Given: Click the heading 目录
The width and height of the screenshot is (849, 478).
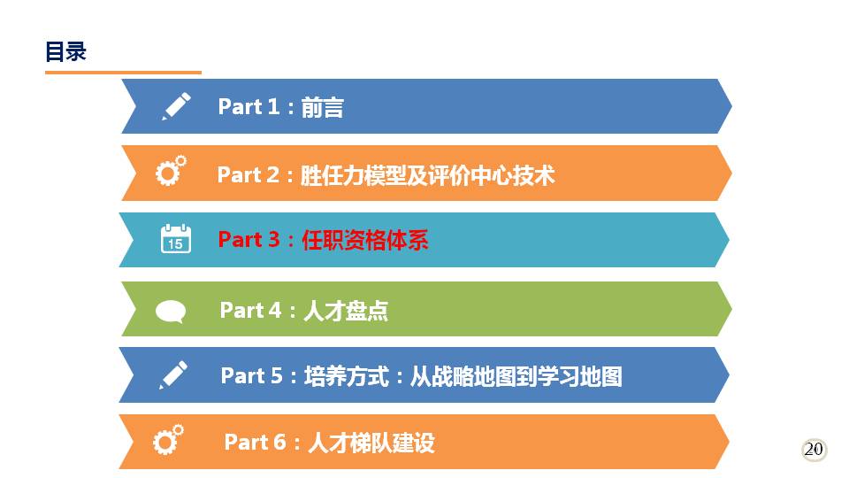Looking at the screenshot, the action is [65, 52].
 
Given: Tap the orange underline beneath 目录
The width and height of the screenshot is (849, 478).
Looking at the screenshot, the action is [124, 72].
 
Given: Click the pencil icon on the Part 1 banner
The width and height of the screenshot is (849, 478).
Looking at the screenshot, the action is [177, 105].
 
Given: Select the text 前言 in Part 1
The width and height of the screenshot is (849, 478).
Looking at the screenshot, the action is [322, 107].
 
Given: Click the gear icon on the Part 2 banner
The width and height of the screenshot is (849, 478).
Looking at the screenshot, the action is [171, 171].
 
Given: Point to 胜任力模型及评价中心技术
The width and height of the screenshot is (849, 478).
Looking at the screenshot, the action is [428, 175].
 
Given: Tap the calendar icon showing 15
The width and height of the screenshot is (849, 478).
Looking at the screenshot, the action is [176, 238].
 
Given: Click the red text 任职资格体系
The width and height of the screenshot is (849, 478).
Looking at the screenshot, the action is [365, 240].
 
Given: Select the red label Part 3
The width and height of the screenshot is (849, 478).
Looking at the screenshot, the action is [249, 240].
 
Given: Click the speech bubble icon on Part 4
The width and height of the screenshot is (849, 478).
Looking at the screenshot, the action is [171, 312].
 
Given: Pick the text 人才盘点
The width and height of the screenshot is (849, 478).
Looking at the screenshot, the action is [346, 311].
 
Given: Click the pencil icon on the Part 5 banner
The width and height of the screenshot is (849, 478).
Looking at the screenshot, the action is [174, 374].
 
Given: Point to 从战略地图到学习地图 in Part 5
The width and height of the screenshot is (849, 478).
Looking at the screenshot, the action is [516, 376].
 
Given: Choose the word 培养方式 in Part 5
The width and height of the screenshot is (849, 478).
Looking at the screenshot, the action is [347, 376].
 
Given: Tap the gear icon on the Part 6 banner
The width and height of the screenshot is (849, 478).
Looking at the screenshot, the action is [168, 440].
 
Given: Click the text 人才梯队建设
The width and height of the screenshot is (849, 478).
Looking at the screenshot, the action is [371, 443].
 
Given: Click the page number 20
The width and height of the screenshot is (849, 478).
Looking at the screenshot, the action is [814, 450].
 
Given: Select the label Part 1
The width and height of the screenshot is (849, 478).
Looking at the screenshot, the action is [249, 106].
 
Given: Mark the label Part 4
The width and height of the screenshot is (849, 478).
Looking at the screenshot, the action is [250, 311].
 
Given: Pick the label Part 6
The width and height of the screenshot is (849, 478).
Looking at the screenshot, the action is [255, 443].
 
